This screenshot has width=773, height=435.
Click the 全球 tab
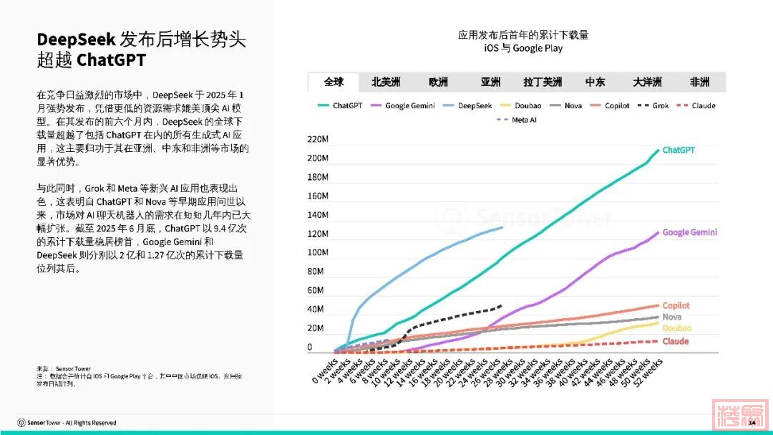[334, 82]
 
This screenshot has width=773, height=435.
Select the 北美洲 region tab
[386, 82]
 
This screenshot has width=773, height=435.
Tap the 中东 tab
[595, 82]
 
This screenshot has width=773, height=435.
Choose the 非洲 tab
[699, 82]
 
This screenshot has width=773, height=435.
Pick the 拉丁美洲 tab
[543, 82]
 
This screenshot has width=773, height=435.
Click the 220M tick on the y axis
[318, 139]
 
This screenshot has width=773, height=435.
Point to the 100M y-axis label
[318, 253]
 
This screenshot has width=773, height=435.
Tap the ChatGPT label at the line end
[678, 150]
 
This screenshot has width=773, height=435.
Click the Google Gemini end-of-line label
[689, 232]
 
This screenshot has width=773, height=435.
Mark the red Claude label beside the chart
[675, 341]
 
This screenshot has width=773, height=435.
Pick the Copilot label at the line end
[676, 306]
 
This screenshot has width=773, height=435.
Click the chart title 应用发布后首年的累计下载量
[523, 34]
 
